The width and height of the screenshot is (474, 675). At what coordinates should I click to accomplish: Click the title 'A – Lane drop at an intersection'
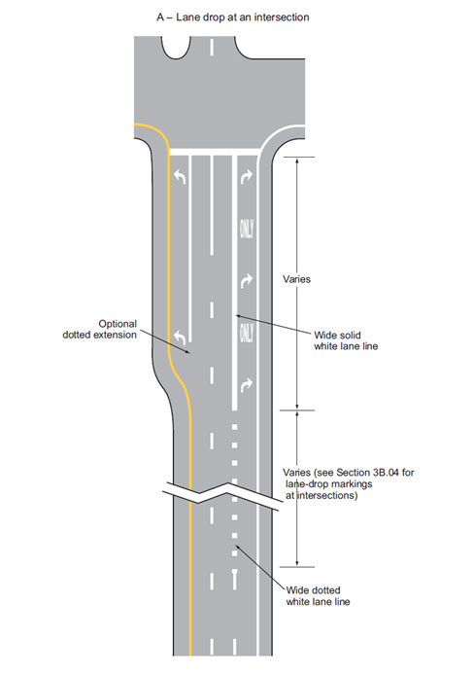click(233, 18)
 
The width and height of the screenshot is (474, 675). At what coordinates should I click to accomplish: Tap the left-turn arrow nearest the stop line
click(180, 176)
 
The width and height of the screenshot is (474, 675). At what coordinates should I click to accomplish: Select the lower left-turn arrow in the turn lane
click(180, 337)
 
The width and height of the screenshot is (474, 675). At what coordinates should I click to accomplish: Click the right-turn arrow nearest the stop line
click(247, 176)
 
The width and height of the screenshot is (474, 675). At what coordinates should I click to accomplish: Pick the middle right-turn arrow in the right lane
click(247, 281)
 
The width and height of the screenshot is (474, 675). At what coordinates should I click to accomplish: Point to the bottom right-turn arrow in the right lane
click(247, 385)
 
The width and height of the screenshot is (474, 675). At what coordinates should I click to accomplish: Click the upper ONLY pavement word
click(247, 229)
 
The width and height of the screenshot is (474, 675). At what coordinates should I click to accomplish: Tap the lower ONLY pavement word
click(247, 333)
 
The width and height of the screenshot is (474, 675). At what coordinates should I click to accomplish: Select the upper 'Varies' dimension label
click(296, 279)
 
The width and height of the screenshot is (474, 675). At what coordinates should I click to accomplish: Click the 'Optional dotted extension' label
click(100, 330)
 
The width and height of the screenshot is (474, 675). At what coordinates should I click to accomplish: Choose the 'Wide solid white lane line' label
click(346, 340)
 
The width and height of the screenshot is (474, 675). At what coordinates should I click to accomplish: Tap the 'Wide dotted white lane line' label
click(318, 596)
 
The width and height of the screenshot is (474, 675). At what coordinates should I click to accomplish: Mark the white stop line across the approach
click(216, 152)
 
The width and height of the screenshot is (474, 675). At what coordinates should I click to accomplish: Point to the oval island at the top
click(176, 47)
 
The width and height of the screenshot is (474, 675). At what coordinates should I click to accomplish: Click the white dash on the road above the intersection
click(212, 46)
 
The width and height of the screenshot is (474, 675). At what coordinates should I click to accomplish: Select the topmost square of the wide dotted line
click(235, 427)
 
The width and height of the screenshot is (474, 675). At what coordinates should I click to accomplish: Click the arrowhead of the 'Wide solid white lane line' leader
click(238, 315)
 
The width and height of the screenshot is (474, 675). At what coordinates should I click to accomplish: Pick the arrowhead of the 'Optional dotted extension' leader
click(187, 352)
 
